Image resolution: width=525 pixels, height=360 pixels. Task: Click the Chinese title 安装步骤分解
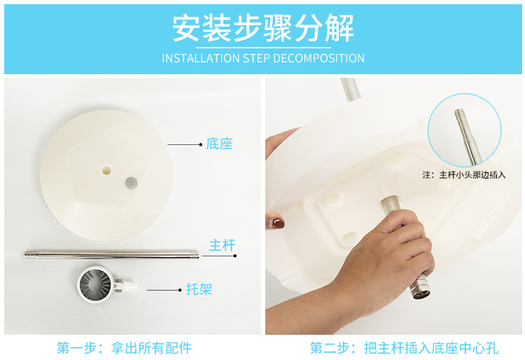(263, 28)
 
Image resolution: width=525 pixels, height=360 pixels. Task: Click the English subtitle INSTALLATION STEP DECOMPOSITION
(263, 58)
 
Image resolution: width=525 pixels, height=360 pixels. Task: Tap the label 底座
(219, 144)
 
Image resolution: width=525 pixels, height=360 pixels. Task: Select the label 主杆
(223, 245)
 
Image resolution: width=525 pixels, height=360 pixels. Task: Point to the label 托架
(199, 289)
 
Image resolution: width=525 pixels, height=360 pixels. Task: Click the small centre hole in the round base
(106, 170)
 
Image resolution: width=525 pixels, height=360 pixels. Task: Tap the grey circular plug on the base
(132, 183)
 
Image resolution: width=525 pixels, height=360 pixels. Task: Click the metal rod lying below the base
(111, 254)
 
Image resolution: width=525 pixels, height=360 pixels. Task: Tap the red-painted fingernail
(278, 223)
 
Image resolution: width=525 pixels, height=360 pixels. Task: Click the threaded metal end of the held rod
(420, 287)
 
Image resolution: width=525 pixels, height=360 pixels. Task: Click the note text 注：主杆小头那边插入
(463, 175)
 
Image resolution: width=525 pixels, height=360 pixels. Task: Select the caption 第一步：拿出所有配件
(125, 348)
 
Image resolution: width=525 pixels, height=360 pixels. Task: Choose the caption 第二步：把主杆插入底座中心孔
(405, 348)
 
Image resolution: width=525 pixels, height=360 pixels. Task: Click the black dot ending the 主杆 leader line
(235, 256)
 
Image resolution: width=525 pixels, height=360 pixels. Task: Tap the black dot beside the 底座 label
(201, 145)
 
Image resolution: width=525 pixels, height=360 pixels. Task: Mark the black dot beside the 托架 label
(180, 290)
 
